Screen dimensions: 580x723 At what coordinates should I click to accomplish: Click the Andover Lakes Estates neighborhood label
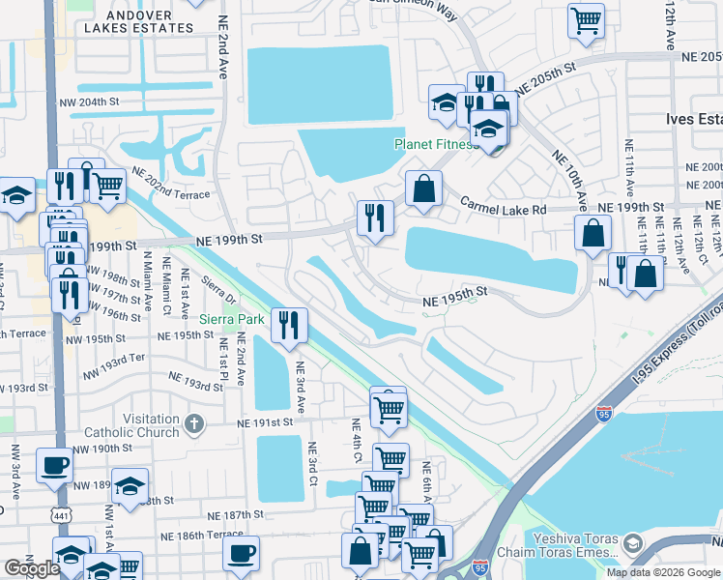coord(138,21)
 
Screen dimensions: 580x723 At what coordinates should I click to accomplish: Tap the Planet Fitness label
coord(435,145)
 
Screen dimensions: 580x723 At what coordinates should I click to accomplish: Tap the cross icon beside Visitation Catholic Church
coord(194,421)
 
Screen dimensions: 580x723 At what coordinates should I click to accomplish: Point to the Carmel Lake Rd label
coord(503,206)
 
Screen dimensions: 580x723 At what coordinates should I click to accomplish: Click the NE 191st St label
coord(266,422)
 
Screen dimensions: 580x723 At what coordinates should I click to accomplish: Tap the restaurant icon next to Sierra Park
coord(288,326)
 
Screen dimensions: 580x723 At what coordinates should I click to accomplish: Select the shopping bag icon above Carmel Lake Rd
coord(423,189)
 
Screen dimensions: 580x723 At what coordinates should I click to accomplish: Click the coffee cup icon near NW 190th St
coord(53,465)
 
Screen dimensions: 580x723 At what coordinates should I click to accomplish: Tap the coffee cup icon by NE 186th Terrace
coord(241,554)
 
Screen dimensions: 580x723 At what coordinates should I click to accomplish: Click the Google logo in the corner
coord(32,568)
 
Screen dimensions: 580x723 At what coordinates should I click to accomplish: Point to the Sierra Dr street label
coord(214,293)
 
